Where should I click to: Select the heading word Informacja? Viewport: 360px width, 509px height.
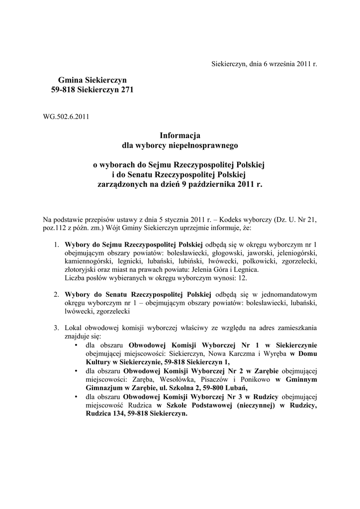[180, 135]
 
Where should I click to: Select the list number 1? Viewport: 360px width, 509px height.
[57, 245]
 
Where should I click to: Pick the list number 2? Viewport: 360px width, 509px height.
[57, 294]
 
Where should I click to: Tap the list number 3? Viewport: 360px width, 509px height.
[57, 328]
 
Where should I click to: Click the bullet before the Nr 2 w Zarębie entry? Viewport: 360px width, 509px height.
[76, 371]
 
